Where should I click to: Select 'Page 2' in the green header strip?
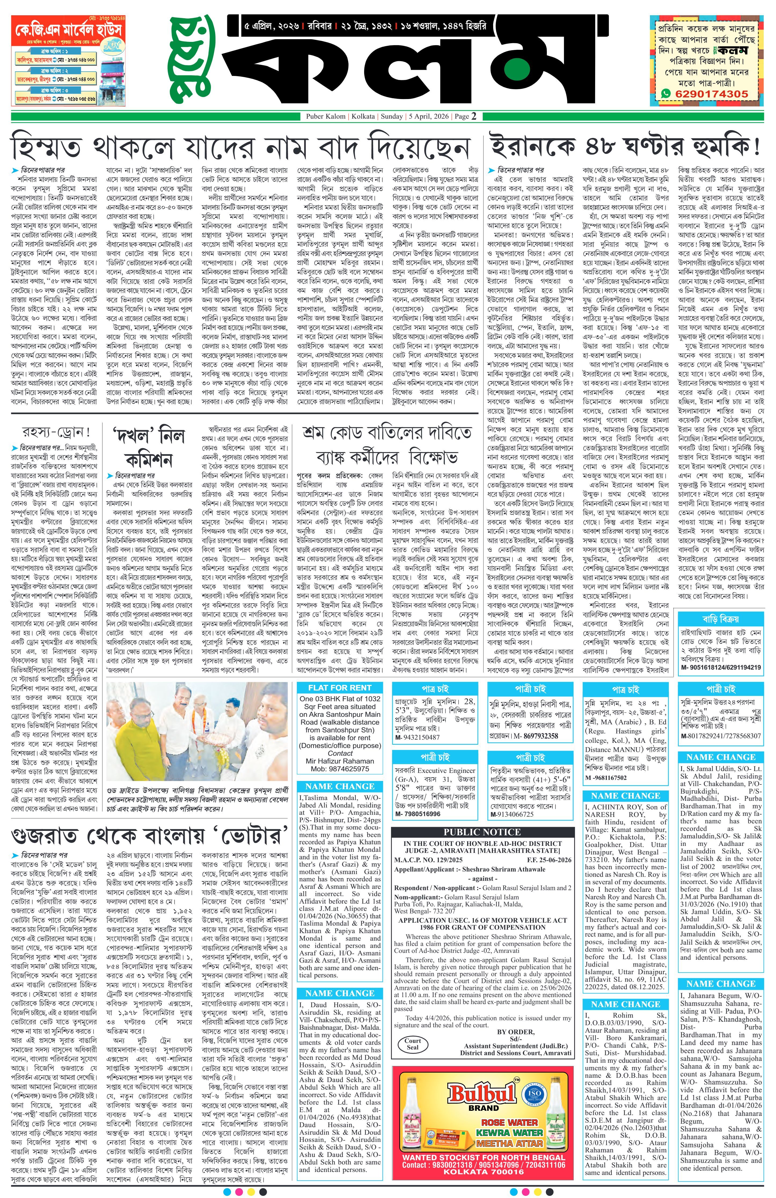tap(466, 116)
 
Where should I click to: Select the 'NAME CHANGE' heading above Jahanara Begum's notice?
tap(721, 969)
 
